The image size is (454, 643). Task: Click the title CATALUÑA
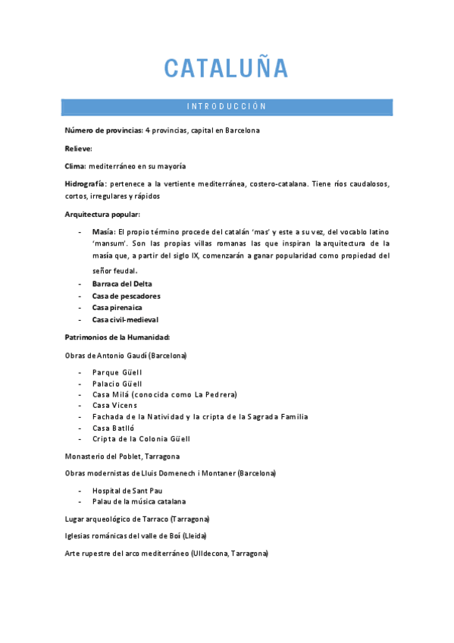(227, 68)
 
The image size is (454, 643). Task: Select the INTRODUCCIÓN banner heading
(227, 107)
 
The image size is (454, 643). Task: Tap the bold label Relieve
(79, 148)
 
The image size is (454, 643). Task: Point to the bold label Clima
(76, 166)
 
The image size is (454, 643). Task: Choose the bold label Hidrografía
(86, 184)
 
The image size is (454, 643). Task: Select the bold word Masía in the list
(103, 231)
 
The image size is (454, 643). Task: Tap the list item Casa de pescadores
(126, 296)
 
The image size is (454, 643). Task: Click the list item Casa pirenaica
(117, 308)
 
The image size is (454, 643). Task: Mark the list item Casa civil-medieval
(125, 320)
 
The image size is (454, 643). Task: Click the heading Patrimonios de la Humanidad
(117, 337)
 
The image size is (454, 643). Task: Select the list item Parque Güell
(117, 372)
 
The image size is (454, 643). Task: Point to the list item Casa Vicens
(114, 405)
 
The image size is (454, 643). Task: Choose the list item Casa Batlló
(114, 428)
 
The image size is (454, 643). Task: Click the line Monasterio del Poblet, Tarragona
(122, 456)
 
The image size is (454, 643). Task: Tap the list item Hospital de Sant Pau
(127, 491)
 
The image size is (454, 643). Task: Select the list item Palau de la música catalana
(139, 501)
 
